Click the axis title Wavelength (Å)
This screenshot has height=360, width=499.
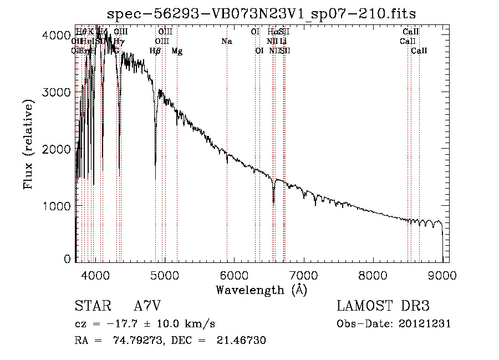(x=261, y=290)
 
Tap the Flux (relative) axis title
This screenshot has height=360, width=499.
(x=29, y=143)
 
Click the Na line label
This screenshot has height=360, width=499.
(x=226, y=41)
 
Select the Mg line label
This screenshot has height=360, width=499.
(x=177, y=51)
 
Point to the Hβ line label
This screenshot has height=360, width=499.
(x=155, y=51)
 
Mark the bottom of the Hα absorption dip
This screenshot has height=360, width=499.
(x=273, y=202)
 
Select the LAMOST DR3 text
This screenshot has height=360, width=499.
(x=383, y=307)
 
